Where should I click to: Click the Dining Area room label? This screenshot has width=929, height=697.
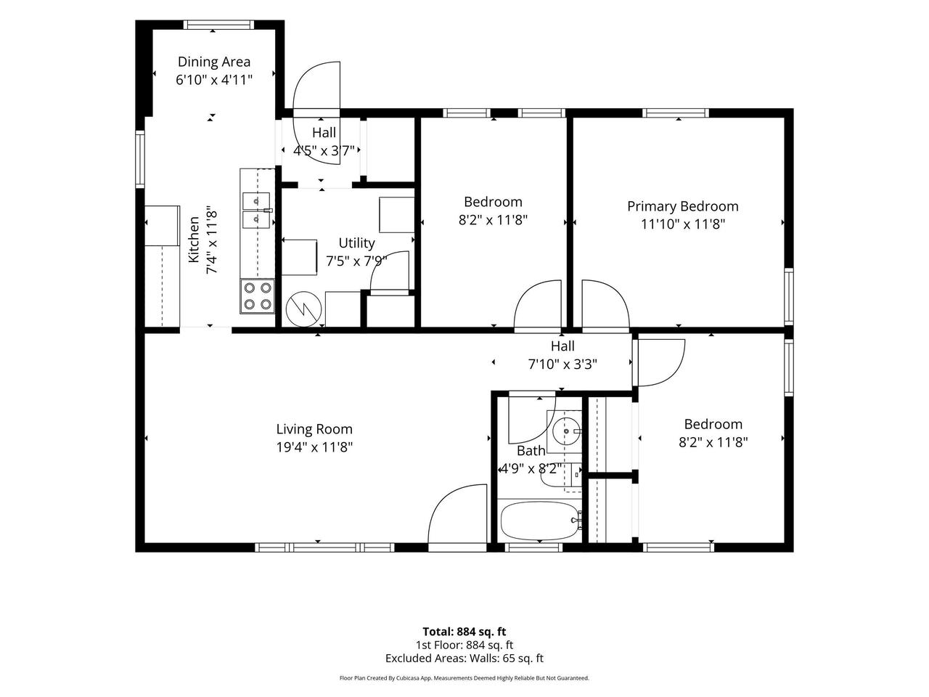[x=213, y=62]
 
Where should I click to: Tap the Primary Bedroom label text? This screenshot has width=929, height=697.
[x=683, y=206]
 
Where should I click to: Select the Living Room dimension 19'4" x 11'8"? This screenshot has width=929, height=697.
[x=314, y=447]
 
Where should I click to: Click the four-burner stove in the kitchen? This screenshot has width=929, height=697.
[x=258, y=296]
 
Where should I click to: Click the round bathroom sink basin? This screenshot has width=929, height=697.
[x=566, y=431]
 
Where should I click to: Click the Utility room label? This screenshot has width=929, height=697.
[x=356, y=243]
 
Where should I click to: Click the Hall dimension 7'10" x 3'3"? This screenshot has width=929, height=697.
[x=562, y=364]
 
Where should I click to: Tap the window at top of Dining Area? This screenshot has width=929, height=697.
[x=218, y=25]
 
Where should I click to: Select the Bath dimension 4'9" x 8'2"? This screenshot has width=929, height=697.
[x=531, y=469]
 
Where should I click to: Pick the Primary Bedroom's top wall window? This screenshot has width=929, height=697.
[x=676, y=113]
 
